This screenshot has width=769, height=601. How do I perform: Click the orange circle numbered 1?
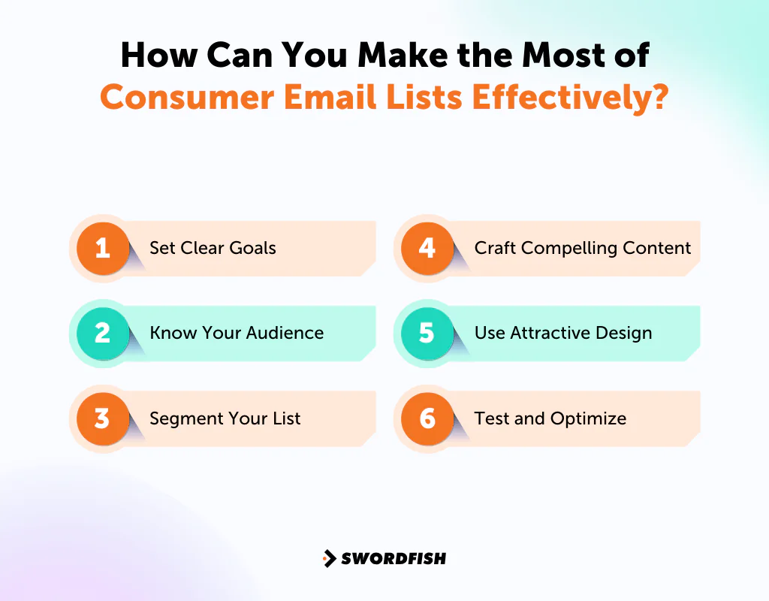(103, 248)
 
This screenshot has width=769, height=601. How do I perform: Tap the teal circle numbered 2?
(103, 333)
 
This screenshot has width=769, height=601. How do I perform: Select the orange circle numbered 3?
(103, 418)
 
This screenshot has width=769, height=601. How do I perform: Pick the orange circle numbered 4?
(427, 248)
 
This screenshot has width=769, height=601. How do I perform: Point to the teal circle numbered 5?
(427, 333)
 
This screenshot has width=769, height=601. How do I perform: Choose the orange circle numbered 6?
(427, 418)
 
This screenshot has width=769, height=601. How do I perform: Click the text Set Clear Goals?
(213, 248)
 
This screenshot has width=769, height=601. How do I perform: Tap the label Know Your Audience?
(237, 333)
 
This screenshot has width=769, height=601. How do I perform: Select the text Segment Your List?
(225, 418)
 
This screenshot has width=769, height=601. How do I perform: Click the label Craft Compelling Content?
(582, 248)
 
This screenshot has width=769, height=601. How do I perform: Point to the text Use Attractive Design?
(562, 333)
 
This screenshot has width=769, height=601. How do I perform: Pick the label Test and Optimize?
(550, 418)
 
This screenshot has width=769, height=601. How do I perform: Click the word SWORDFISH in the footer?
(394, 558)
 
